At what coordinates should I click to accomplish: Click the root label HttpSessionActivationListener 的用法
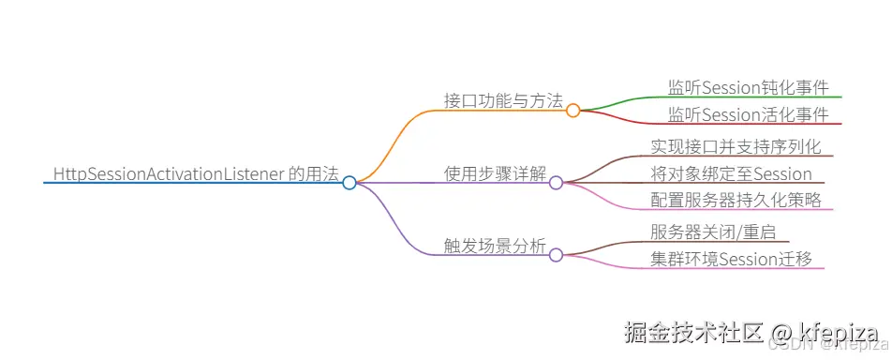(195, 173)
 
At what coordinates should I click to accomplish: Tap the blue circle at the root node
(349, 183)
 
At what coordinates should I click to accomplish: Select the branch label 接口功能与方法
(503, 101)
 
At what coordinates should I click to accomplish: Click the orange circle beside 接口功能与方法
(572, 111)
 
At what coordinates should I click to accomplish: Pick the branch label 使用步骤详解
(495, 173)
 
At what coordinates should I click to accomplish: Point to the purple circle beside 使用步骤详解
(556, 183)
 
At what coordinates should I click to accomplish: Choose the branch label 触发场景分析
(495, 246)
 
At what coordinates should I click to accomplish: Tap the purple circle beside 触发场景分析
(556, 255)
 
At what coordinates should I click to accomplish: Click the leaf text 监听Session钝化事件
(748, 87)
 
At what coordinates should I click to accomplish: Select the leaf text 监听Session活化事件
(748, 114)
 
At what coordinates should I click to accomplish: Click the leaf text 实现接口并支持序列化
(736, 146)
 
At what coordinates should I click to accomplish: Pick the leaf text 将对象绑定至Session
(731, 173)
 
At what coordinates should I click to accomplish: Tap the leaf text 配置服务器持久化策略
(736, 200)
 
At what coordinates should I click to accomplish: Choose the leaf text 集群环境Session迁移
(731, 259)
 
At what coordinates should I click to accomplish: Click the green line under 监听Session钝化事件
(750, 97)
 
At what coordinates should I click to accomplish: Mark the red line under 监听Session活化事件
(750, 124)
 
